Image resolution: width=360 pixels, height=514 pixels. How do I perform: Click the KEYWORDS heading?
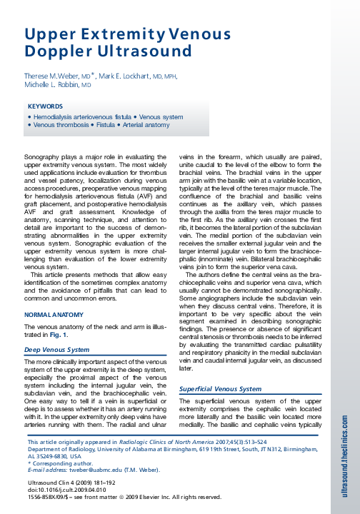pos(45,106)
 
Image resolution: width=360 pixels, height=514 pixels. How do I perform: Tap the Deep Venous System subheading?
pos(57,350)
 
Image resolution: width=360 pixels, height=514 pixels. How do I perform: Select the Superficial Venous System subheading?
pos(220,389)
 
